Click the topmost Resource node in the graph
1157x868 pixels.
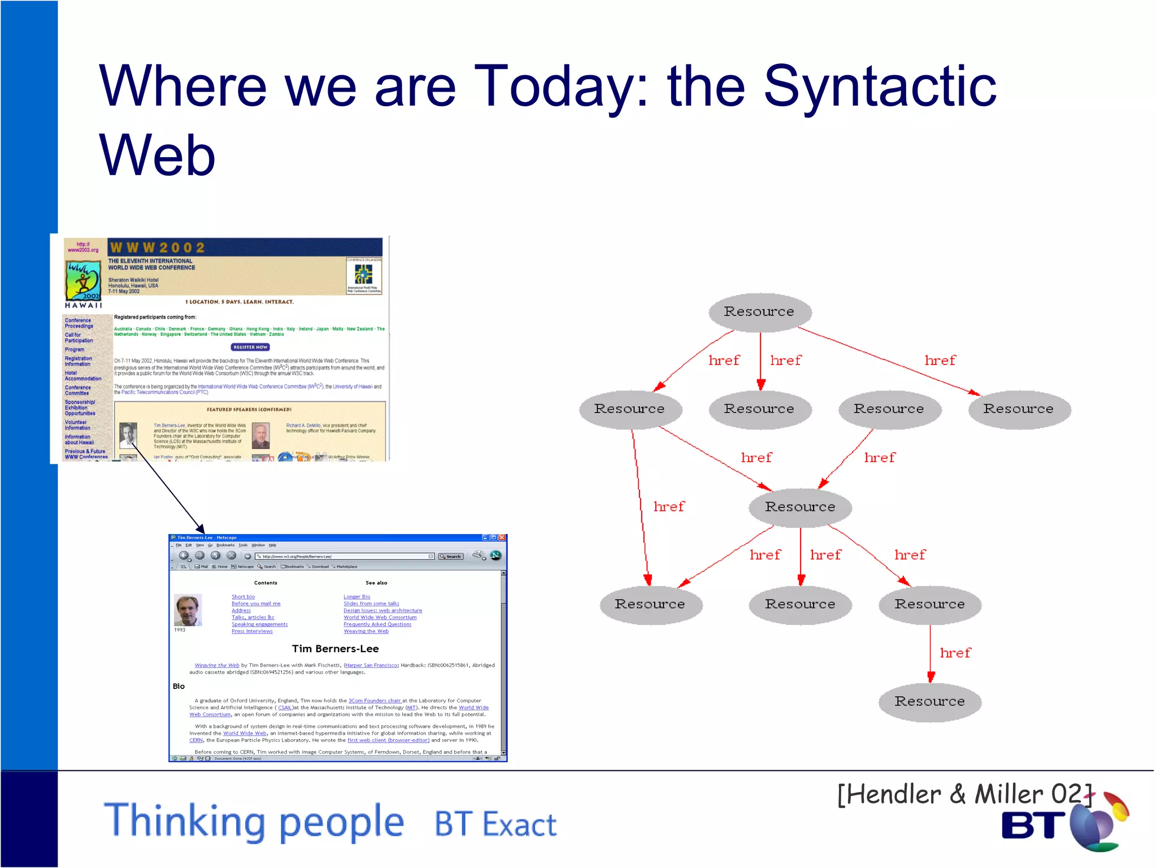[x=759, y=311]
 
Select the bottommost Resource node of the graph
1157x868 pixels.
[x=929, y=701]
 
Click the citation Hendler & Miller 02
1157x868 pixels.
[x=964, y=794]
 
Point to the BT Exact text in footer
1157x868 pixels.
[x=495, y=824]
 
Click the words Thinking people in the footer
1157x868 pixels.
[x=254, y=821]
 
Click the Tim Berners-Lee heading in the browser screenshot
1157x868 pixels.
[x=335, y=649]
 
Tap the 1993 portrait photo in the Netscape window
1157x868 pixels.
[x=188, y=610]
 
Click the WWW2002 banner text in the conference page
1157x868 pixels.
[x=158, y=248]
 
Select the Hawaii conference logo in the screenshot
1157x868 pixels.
[x=84, y=281]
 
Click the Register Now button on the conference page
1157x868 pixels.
[x=250, y=347]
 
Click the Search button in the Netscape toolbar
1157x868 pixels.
[x=451, y=557]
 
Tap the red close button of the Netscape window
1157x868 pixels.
[x=502, y=537]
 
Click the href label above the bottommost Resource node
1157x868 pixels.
[x=955, y=653]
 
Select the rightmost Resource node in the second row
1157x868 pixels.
[x=1018, y=409]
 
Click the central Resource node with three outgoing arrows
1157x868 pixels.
[x=800, y=507]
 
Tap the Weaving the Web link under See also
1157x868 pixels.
[x=366, y=631]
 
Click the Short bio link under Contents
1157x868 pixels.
[x=243, y=597]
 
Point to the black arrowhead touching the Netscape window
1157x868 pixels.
[x=200, y=528]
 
